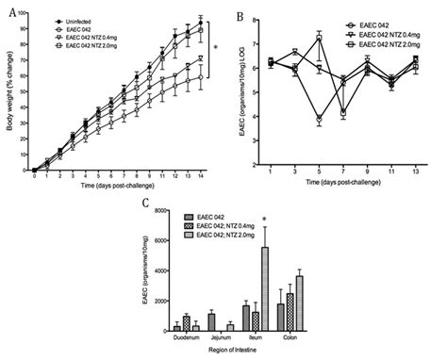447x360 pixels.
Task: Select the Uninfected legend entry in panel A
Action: click(x=71, y=19)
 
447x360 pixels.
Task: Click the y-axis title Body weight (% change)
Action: click(x=10, y=90)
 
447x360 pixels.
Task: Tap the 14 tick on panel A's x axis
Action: click(x=200, y=177)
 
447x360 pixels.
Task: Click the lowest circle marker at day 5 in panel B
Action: click(x=321, y=120)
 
